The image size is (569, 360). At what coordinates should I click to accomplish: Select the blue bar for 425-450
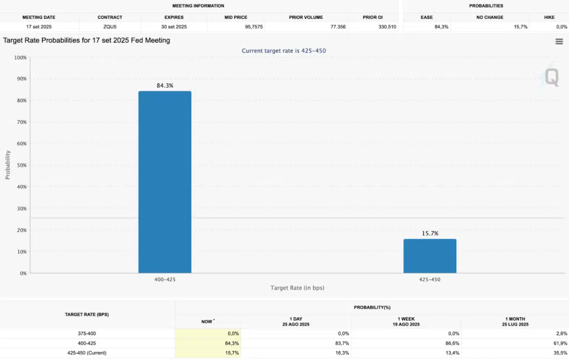tap(430, 256)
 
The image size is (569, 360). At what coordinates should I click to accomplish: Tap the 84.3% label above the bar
tap(164, 86)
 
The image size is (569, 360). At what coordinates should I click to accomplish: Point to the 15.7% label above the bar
tap(430, 233)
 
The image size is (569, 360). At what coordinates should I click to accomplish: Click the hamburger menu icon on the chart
tap(559, 42)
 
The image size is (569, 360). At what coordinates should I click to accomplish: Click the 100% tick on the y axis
tap(21, 57)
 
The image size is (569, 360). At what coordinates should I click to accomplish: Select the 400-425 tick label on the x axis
tap(164, 279)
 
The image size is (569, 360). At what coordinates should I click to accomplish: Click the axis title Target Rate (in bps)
tap(297, 288)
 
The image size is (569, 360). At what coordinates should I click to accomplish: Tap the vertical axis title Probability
tap(8, 164)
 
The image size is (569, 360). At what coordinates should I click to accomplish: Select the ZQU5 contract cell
tap(109, 27)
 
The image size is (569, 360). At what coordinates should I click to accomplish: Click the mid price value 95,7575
tap(253, 27)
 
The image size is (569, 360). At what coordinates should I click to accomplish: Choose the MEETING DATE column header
tap(39, 17)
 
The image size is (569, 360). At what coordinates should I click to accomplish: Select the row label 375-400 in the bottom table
tap(87, 333)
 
